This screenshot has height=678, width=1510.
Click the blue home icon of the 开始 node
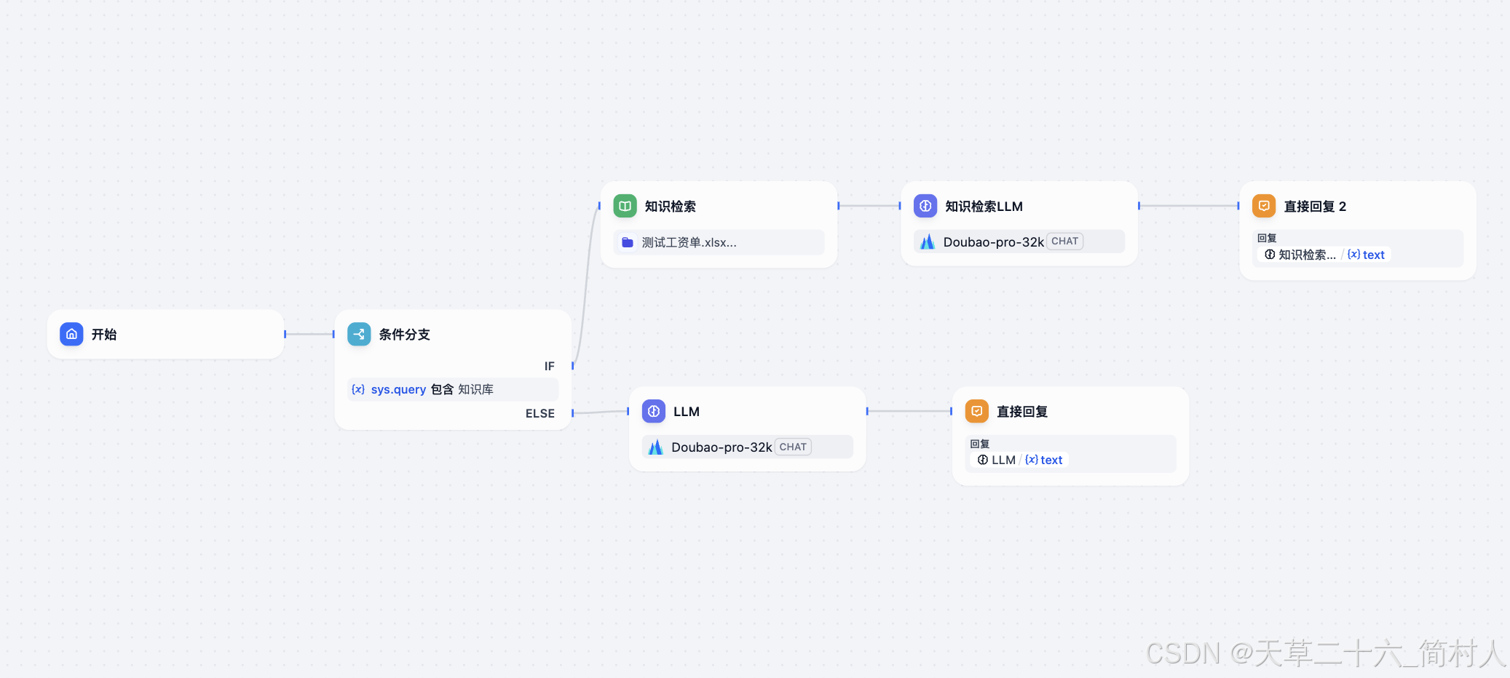[71, 334]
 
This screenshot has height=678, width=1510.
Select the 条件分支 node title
[404, 335]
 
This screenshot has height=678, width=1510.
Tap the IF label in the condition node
[549, 366]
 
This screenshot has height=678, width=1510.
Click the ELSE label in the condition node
[539, 413]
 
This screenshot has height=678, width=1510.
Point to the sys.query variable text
[398, 390]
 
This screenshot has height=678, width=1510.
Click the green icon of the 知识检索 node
[625, 206]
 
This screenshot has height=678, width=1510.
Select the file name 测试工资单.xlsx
[689, 243]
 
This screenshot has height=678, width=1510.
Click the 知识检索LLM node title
[984, 207]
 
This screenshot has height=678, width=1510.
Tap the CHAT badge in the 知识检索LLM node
[1064, 242]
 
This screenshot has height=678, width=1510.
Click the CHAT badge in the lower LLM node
[793, 447]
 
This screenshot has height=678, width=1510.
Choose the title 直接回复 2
[1314, 207]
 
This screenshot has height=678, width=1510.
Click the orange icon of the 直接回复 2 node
[1264, 206]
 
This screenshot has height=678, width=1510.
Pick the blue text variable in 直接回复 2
[1373, 255]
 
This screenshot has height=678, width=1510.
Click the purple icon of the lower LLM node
[654, 411]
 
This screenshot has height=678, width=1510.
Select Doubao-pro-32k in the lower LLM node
[721, 447]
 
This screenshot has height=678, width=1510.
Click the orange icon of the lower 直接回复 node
[977, 411]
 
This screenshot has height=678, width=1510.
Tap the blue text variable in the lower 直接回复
[1051, 460]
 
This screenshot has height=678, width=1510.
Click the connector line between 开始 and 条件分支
[309, 334]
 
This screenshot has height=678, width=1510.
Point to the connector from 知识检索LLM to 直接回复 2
[1189, 206]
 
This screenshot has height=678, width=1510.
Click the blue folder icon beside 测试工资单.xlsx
[628, 242]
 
